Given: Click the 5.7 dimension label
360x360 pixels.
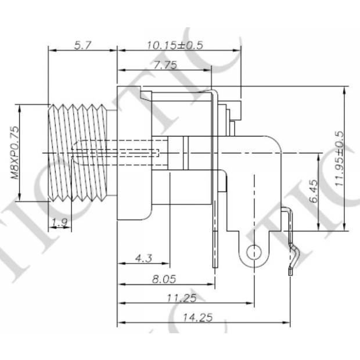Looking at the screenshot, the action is pyautogui.click(x=82, y=45).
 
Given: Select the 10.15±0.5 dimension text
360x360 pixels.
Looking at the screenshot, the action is pyautogui.click(x=175, y=45).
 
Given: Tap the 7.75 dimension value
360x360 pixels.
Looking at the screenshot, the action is pyautogui.click(x=165, y=65).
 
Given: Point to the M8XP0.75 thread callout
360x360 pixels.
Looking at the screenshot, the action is pyautogui.click(x=15, y=153).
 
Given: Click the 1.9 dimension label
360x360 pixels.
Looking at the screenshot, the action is pyautogui.click(x=59, y=222).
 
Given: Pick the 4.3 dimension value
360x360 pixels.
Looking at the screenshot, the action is pyautogui.click(x=143, y=258).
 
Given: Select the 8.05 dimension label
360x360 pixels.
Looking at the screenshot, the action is pyautogui.click(x=164, y=279).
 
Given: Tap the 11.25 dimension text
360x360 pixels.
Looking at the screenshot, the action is pyautogui.click(x=182, y=298).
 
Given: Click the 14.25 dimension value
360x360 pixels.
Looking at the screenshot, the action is pyautogui.click(x=197, y=318).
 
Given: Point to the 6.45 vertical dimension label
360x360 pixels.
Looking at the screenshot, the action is pyautogui.click(x=314, y=191).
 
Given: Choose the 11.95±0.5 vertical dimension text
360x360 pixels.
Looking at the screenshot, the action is pyautogui.click(x=340, y=159).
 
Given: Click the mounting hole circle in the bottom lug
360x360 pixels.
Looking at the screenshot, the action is pyautogui.click(x=254, y=253).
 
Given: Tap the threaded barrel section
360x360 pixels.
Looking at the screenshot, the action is pyautogui.click(x=78, y=153).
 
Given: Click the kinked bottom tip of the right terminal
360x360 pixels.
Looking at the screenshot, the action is pyautogui.click(x=290, y=272).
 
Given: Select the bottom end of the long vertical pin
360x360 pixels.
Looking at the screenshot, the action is pyautogui.click(x=215, y=267).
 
